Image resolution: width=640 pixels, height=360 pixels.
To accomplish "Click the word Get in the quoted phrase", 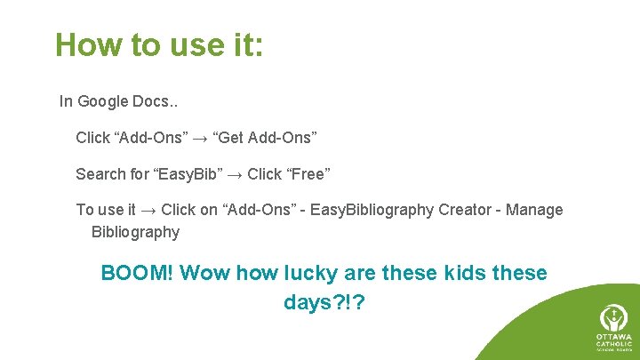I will click(x=231, y=138).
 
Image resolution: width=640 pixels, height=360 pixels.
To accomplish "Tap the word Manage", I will click(x=534, y=211).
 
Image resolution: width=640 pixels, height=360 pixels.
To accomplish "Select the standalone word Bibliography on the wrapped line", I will click(x=135, y=233).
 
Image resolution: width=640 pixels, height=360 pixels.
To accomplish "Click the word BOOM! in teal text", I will click(x=138, y=274).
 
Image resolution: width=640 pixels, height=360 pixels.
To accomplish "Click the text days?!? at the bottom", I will click(x=324, y=303).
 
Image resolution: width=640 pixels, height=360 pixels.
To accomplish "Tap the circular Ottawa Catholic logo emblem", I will click(x=612, y=318).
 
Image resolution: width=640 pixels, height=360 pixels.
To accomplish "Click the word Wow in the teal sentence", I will click(x=204, y=274).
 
